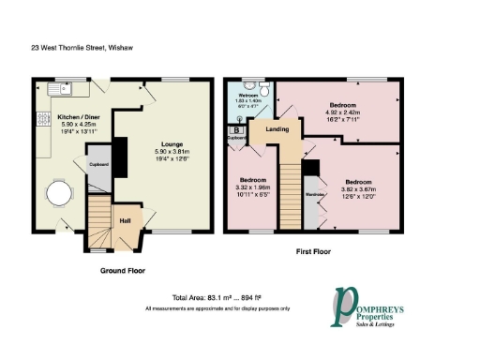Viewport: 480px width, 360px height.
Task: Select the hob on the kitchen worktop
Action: (x=43, y=119)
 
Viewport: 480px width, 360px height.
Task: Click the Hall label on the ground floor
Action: (x=125, y=221)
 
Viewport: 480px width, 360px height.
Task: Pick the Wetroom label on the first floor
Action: (x=247, y=96)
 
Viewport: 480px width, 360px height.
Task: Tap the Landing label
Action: (x=277, y=128)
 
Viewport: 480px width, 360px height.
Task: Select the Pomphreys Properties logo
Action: (x=378, y=309)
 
